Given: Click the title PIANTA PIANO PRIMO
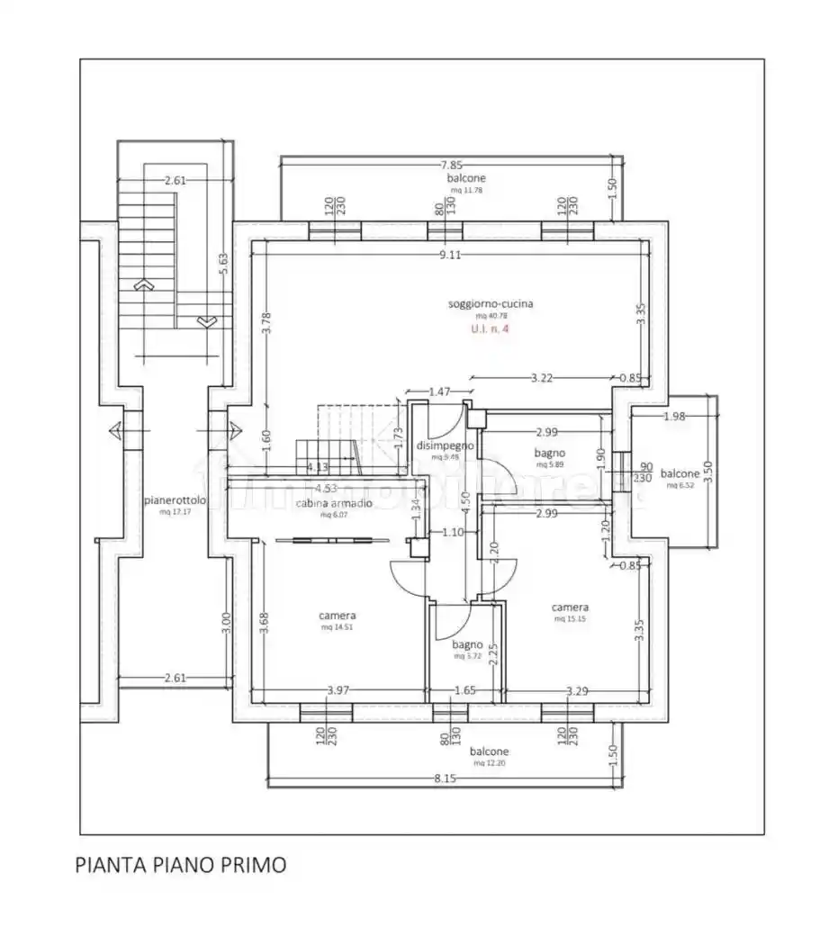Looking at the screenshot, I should (181, 866).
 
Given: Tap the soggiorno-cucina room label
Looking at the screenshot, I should (491, 304).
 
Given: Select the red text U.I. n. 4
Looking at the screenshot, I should (491, 329).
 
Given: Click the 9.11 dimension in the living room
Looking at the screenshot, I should (450, 255).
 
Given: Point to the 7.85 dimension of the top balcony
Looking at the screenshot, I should (451, 165).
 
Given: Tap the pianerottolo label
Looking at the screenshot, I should (176, 500).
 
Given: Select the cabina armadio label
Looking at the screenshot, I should (334, 503).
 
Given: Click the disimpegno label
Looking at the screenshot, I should (445, 445).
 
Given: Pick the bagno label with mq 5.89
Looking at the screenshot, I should (549, 454).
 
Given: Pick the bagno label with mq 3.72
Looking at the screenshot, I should (467, 644).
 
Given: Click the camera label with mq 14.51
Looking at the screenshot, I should (337, 616).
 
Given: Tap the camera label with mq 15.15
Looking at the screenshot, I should (571, 607).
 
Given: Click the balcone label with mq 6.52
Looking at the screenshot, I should (680, 473).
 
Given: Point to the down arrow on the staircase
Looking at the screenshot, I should (205, 320).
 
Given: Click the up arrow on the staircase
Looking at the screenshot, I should (142, 284).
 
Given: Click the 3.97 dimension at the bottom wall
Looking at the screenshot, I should (338, 690).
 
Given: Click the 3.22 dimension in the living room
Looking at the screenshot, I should (542, 378).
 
